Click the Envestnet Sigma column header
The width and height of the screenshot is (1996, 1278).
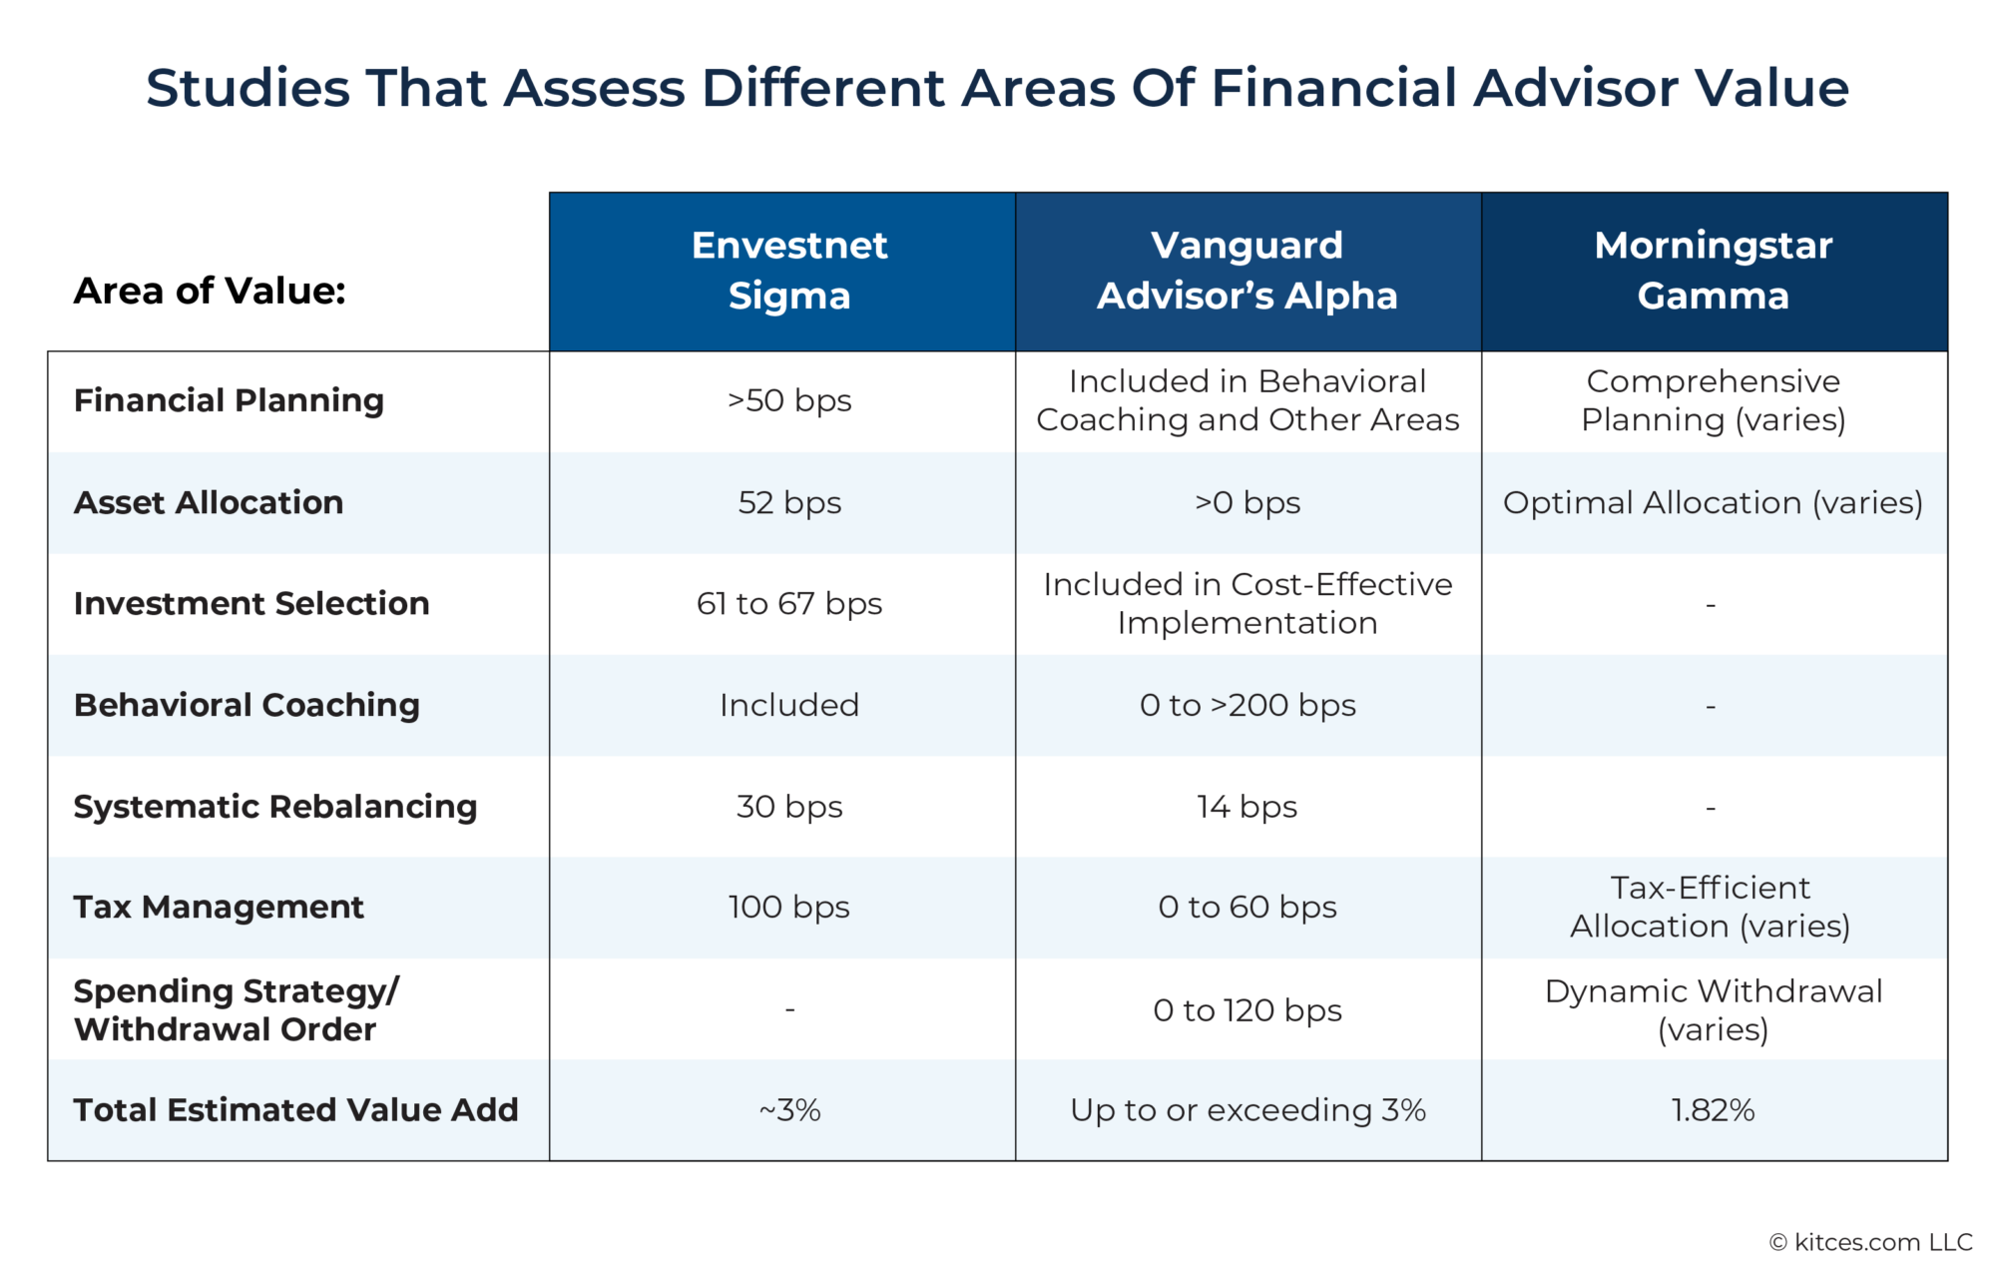point(788,271)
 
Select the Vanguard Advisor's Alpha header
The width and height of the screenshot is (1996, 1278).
point(1247,271)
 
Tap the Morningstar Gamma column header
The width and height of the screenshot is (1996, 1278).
point(1713,271)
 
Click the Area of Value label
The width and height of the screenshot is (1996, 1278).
point(210,291)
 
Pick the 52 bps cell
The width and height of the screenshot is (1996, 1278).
point(788,502)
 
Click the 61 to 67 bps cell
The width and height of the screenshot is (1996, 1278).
point(788,603)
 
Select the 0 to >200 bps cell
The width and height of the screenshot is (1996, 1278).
point(1247,705)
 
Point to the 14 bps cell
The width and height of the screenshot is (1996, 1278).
point(1247,806)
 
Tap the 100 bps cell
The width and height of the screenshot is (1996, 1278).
point(788,907)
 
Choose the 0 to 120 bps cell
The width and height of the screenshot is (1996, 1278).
point(1247,1009)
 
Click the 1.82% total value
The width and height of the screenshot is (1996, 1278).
point(1713,1109)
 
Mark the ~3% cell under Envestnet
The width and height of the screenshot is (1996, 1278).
point(788,1109)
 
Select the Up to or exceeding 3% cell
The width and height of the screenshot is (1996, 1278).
point(1247,1109)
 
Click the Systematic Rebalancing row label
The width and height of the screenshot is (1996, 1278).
point(275,806)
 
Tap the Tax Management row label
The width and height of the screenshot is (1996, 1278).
point(219,907)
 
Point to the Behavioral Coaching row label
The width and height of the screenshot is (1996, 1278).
point(247,705)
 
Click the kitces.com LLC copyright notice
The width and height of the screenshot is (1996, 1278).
point(1870,1242)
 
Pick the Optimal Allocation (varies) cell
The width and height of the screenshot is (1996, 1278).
point(1713,502)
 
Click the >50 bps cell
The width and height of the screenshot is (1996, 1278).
point(788,400)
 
